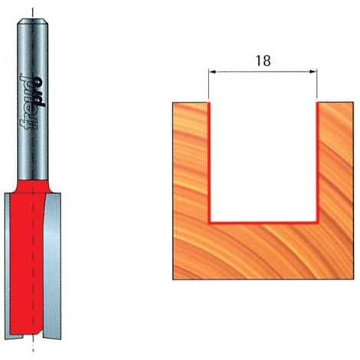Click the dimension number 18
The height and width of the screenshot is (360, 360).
coord(263,61)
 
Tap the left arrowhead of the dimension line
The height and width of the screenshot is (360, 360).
coord(212,72)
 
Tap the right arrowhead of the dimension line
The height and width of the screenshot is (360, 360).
coord(313,72)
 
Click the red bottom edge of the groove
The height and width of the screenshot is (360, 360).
coord(263,223)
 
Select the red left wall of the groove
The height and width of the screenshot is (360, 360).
coord(210,162)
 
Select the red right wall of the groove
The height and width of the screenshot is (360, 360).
coord(318,162)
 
